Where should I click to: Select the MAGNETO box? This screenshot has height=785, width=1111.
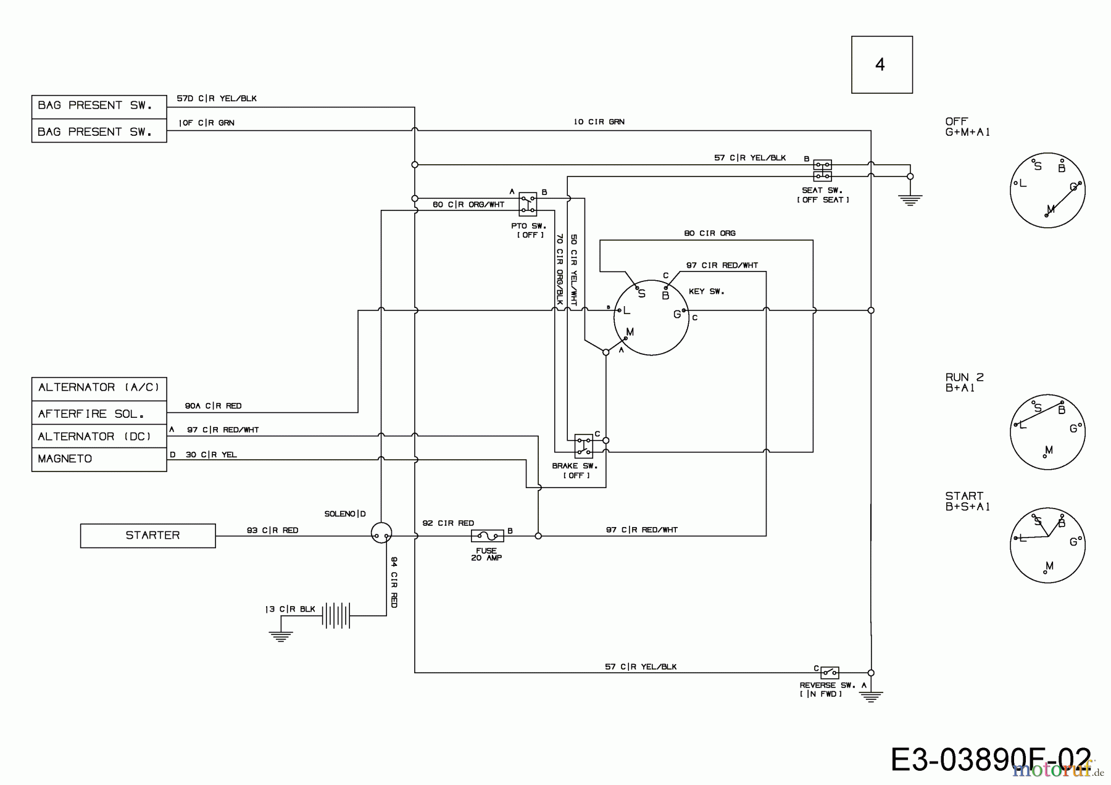(x=99, y=459)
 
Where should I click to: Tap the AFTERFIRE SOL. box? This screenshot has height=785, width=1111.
(x=99, y=413)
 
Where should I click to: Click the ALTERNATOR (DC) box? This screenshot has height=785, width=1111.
(x=99, y=436)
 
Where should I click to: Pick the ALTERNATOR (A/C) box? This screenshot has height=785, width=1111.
(x=99, y=388)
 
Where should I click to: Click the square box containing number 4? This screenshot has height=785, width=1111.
(x=881, y=65)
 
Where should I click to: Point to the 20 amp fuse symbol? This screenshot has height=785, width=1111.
(x=487, y=536)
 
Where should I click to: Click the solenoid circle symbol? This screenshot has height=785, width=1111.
(x=381, y=533)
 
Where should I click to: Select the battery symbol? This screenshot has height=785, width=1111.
(x=336, y=615)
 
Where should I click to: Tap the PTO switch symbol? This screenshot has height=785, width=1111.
(x=528, y=203)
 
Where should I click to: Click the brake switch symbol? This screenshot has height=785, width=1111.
(x=583, y=446)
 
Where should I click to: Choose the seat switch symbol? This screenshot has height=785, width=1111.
(x=822, y=170)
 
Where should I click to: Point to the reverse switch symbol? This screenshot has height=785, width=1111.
(x=829, y=672)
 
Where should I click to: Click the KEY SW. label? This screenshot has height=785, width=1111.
(x=706, y=291)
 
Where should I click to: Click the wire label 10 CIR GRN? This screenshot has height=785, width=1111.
(x=599, y=122)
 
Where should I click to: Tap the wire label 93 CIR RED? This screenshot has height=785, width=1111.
(x=272, y=530)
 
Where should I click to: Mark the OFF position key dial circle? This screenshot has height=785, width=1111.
(x=1047, y=190)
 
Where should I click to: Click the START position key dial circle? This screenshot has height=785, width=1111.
(x=1047, y=545)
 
